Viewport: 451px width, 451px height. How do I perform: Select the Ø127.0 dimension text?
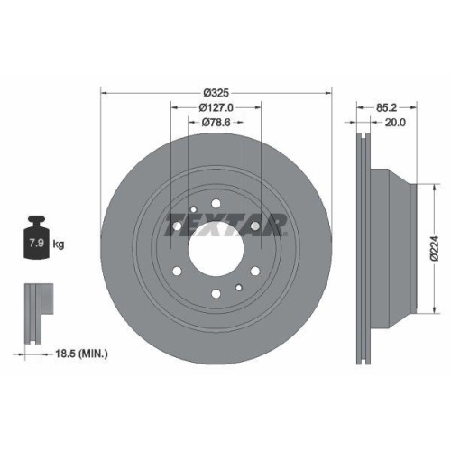tap(216, 108)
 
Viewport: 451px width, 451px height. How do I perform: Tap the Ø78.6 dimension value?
tap(216, 123)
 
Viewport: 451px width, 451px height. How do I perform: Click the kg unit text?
tap(59, 244)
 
